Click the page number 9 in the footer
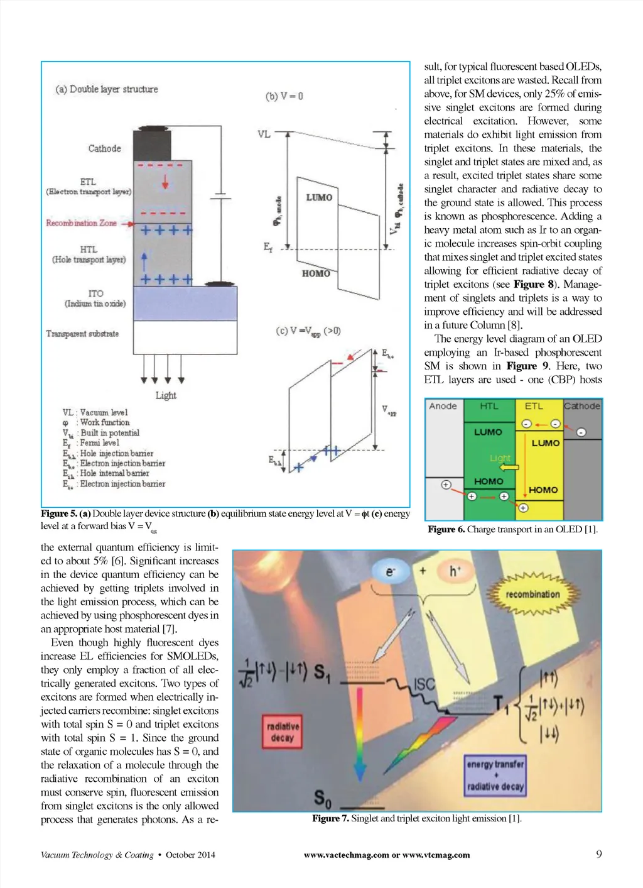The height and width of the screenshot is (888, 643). click(x=598, y=853)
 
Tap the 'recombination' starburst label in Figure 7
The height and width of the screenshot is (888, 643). click(x=532, y=595)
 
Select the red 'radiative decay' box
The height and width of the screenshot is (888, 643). click(x=283, y=732)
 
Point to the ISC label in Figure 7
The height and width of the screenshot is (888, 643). click(x=425, y=684)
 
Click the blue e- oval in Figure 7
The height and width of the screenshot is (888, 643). click(x=391, y=571)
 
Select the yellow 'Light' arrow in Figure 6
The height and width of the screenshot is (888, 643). click(x=509, y=468)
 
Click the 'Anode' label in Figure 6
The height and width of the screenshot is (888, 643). click(x=443, y=406)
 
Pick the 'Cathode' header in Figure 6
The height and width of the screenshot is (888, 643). click(x=582, y=406)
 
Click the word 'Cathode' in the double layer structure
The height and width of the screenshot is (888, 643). click(x=104, y=148)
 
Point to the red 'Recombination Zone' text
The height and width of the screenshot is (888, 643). click(x=81, y=223)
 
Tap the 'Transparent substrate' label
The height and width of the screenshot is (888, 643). click(x=82, y=334)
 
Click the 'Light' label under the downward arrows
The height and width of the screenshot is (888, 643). click(x=166, y=395)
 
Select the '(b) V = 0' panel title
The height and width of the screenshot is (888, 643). click(x=284, y=96)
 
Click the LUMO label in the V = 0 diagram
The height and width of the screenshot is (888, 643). click(x=319, y=197)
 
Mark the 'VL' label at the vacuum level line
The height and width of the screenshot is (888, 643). click(x=264, y=134)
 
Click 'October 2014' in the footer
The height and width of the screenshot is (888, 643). click(x=190, y=855)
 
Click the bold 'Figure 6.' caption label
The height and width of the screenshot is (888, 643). click(x=446, y=529)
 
